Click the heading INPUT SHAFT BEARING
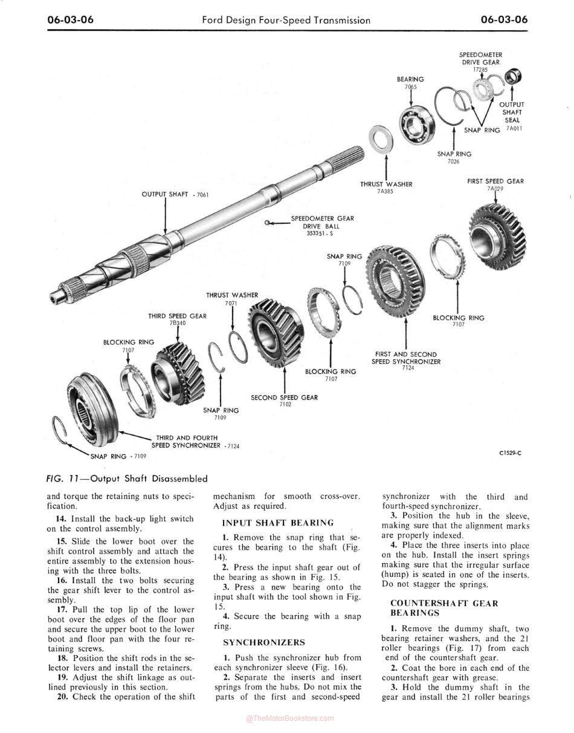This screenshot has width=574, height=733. click(269, 523)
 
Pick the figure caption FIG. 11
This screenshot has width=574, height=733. click(127, 478)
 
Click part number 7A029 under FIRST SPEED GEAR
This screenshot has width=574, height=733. click(495, 188)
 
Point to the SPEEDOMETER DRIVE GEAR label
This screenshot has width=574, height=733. click(480, 58)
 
